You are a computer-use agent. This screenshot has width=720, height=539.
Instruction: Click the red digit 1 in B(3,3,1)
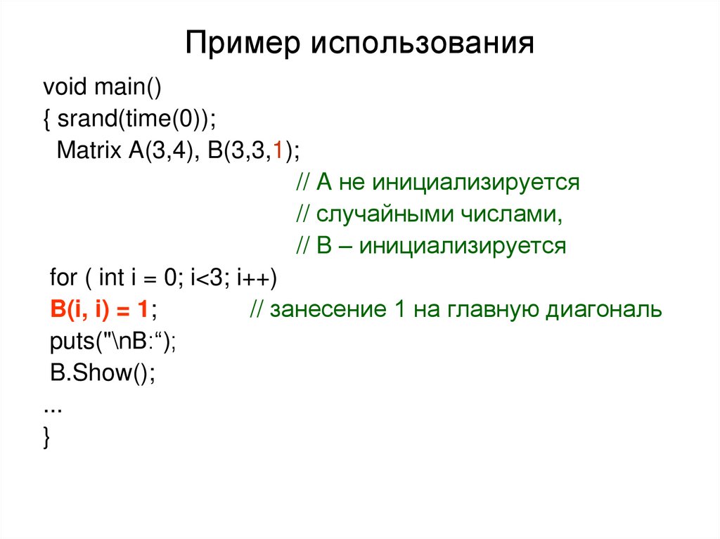click(x=278, y=151)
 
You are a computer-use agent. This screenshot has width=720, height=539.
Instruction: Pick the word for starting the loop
click(x=63, y=278)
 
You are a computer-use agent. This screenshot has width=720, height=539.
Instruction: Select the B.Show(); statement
click(x=102, y=372)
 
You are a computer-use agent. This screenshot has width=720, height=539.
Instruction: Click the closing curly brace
click(x=46, y=437)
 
